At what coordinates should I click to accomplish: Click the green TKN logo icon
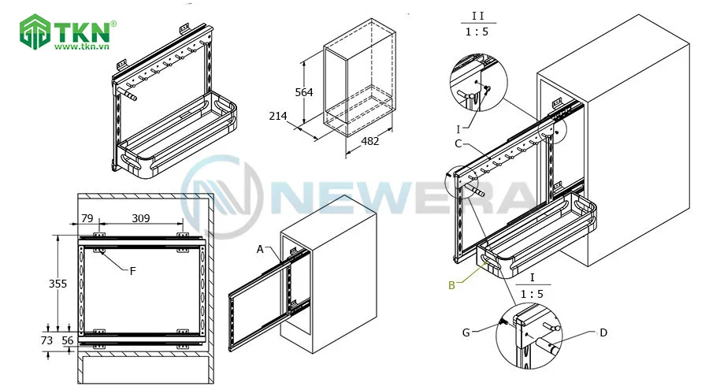(35, 32)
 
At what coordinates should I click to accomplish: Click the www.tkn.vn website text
(82, 46)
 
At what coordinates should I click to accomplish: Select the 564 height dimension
(304, 92)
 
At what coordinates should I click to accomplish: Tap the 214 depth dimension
(277, 117)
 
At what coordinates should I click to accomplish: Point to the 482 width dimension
(370, 141)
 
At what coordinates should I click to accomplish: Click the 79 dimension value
(87, 218)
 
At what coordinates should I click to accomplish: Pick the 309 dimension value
(141, 218)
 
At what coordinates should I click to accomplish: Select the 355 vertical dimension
(58, 284)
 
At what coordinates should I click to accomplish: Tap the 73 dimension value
(46, 340)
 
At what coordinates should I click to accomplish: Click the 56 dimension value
(68, 340)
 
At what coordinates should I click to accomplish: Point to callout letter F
(132, 271)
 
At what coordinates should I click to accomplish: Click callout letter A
(259, 249)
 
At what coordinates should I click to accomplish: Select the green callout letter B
(451, 285)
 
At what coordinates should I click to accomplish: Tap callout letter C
(458, 144)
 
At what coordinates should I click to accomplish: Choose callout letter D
(603, 333)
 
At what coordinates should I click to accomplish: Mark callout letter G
(466, 333)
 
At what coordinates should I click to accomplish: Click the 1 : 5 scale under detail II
(477, 32)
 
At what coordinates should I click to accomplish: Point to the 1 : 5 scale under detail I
(532, 294)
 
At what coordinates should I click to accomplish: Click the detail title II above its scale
(477, 16)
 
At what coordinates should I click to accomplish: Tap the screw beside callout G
(503, 322)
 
